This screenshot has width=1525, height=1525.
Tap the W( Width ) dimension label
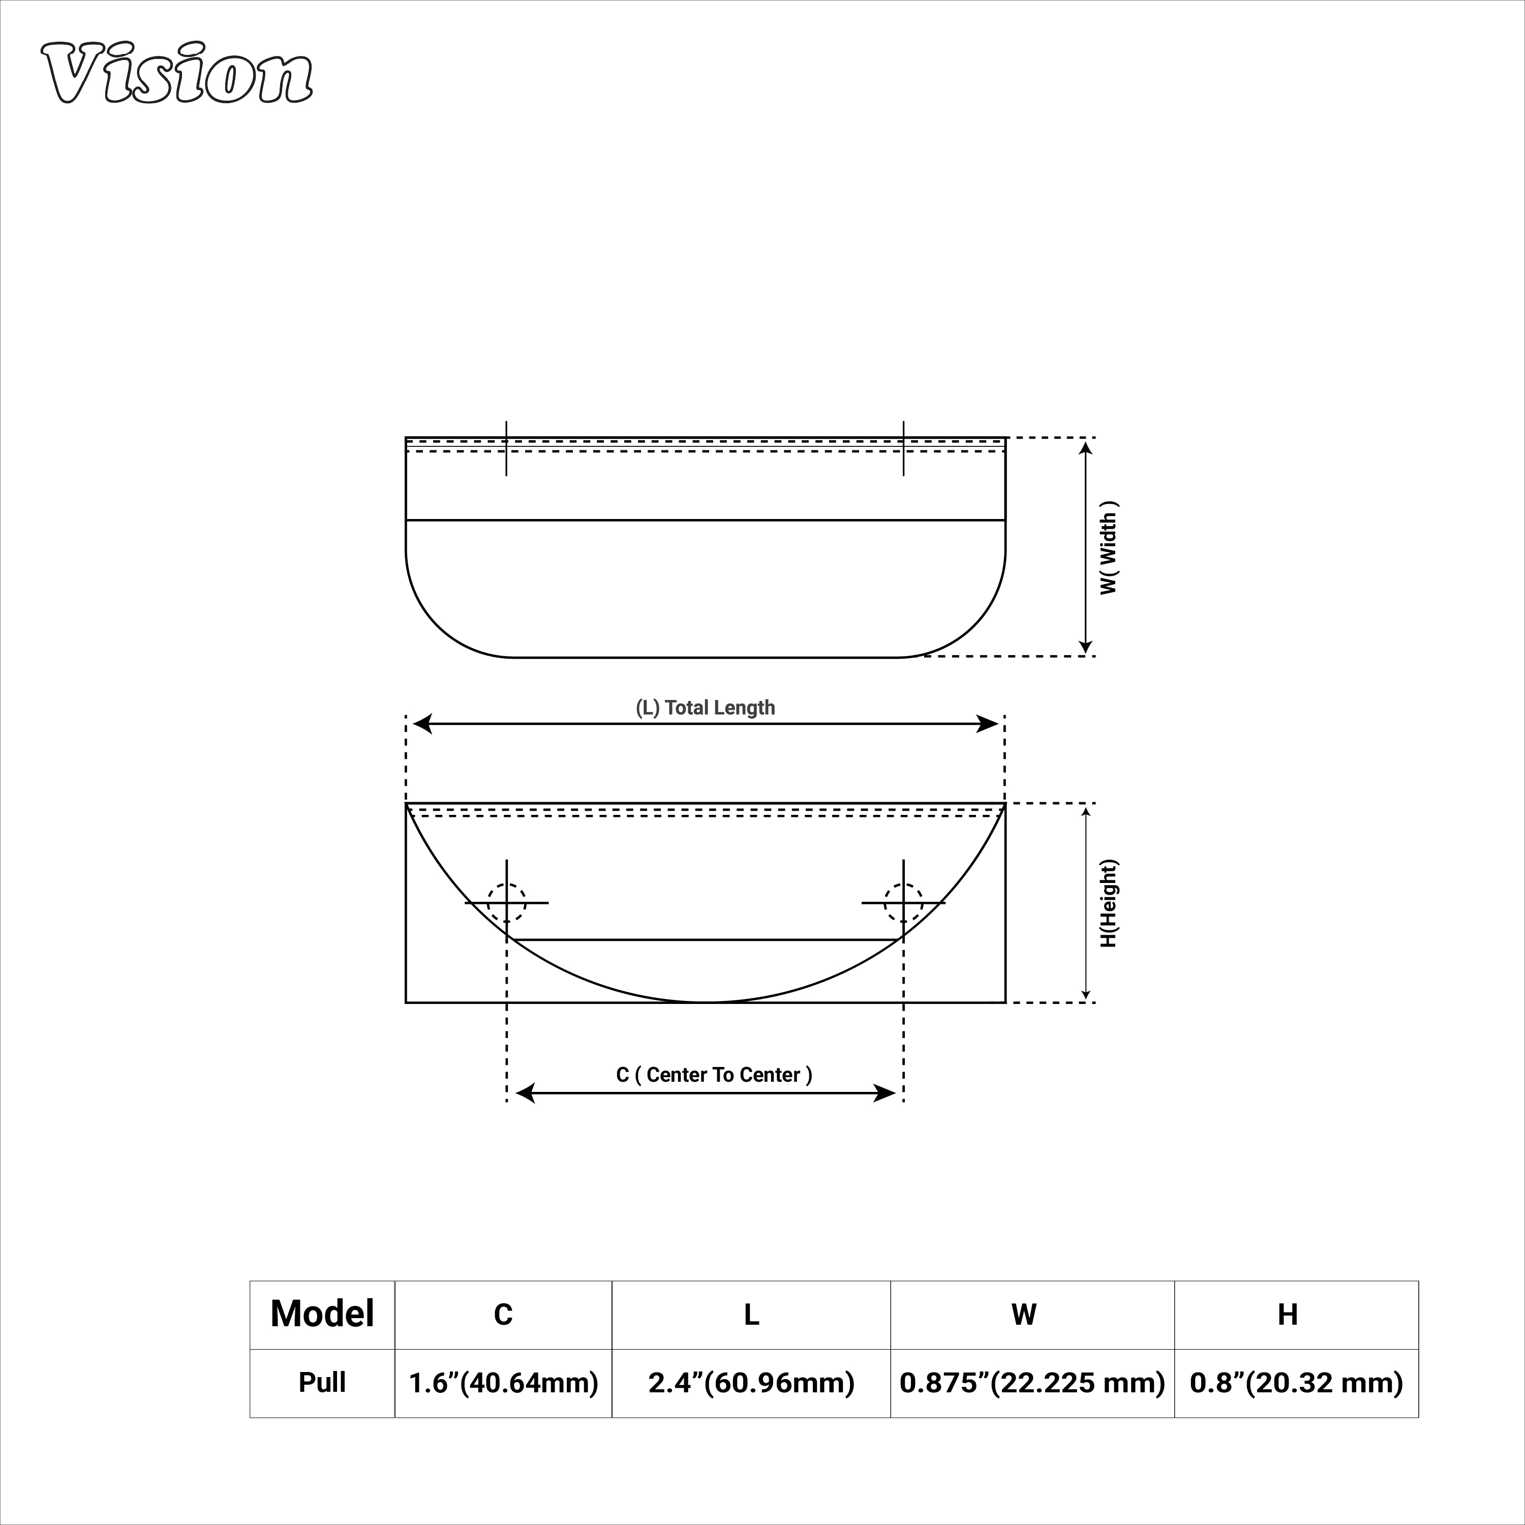tap(1109, 548)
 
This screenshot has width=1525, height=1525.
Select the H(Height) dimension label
tap(1109, 903)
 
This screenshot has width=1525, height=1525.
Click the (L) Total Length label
tap(705, 707)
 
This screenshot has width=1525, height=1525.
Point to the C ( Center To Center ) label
tap(714, 1074)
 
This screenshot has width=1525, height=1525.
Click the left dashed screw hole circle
tap(506, 902)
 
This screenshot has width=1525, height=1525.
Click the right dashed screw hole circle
tap(903, 902)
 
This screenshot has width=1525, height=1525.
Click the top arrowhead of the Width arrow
tap(1085, 447)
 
